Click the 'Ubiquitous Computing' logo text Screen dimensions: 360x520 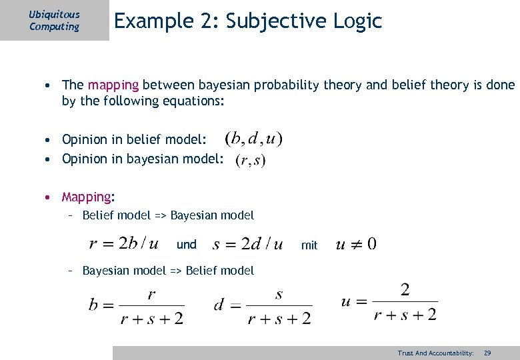(54, 21)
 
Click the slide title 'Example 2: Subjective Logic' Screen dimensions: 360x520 (248, 21)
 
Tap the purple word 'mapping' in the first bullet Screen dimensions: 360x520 (113, 85)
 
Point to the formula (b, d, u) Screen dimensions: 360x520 (253, 139)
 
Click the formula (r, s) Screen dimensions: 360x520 (250, 161)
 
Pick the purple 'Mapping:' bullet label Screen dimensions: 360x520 (88, 197)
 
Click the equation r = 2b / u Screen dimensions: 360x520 (123, 243)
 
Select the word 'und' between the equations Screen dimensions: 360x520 (187, 245)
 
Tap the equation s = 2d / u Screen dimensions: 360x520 (247, 244)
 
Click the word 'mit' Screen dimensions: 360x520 (309, 245)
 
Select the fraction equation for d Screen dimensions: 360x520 (262, 305)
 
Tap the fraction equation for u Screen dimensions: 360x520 (389, 301)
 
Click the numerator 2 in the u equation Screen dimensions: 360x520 (405, 290)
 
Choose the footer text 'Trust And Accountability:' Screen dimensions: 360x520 (435, 353)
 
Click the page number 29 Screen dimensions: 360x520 (487, 353)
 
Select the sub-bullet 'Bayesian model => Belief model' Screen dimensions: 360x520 (168, 270)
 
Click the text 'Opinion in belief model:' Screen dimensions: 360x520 (134, 139)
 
